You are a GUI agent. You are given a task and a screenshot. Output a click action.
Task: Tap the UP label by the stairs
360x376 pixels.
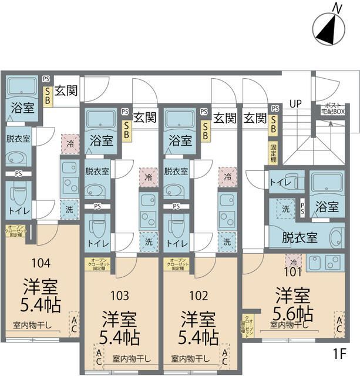coord(295,105)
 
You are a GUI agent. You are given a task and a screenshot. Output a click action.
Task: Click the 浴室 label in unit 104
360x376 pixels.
coord(21,108)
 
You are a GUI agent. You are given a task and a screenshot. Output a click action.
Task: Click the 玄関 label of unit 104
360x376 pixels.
coord(66,92)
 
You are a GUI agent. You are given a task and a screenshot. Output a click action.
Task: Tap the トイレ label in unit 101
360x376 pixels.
coord(280,183)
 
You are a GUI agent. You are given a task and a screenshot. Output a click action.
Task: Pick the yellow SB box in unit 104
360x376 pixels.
coord(47,95)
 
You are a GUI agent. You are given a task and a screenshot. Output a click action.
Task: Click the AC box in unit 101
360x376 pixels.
coord(339,324)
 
